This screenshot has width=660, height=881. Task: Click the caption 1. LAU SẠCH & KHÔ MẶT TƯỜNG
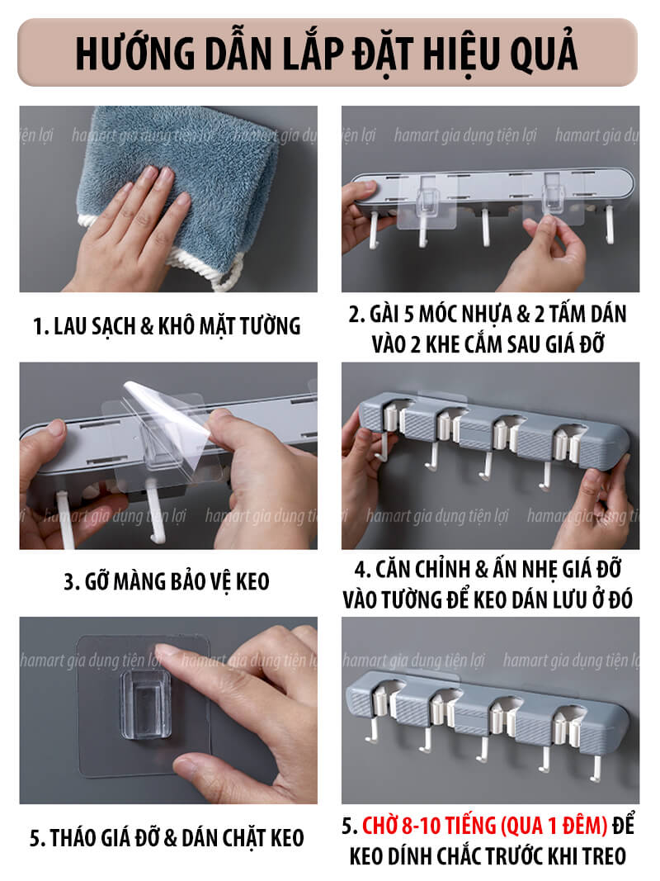click(x=167, y=326)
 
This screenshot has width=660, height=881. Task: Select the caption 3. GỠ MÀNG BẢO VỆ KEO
click(x=167, y=581)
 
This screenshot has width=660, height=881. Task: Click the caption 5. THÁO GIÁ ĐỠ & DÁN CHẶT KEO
click(x=167, y=838)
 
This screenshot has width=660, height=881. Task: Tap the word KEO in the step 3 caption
click(x=252, y=581)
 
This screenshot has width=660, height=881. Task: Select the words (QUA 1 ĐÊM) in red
click(x=554, y=826)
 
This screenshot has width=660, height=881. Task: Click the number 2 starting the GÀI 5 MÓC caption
click(x=354, y=315)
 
